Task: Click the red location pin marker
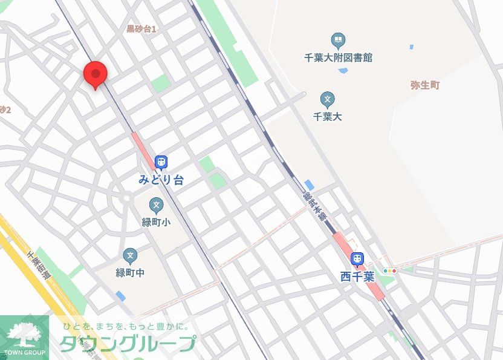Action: (95, 74)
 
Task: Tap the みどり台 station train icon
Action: (161, 162)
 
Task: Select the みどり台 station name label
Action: (161, 180)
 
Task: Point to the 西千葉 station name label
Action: (357, 277)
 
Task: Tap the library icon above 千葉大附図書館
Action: (339, 41)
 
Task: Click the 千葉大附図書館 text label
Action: (339, 58)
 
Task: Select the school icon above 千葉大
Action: (328, 99)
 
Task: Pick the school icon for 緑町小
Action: (156, 206)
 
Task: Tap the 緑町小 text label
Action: (156, 222)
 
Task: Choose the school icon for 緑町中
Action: (130, 256)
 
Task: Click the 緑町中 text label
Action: (130, 272)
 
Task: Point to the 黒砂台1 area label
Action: (141, 29)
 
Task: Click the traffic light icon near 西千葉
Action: (390, 270)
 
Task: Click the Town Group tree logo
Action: (24, 335)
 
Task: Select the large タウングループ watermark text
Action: (127, 343)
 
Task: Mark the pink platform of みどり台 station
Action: (144, 152)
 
